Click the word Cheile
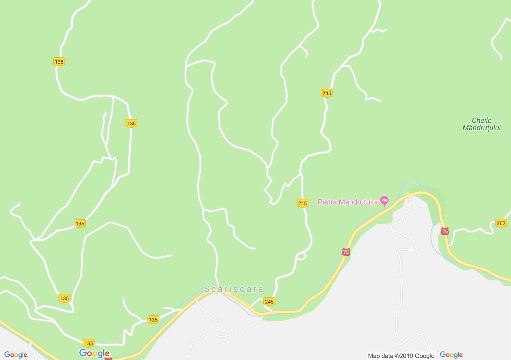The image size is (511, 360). tap(481, 120)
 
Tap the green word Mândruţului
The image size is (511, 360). tap(481, 128)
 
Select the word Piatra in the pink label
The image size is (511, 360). tap(327, 202)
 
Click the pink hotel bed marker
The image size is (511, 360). tap(384, 201)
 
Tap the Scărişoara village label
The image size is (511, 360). tap(234, 289)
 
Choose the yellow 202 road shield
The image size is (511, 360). tap(501, 223)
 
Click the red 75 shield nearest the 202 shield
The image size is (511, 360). tap(445, 231)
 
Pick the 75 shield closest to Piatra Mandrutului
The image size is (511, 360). tap(346, 252)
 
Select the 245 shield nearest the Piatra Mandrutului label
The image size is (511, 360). tap(302, 203)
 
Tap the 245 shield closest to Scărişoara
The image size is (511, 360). tap(269, 301)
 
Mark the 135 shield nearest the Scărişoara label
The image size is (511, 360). tap(153, 319)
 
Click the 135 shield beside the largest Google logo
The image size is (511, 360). tap(88, 343)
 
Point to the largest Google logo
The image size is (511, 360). tap(95, 353)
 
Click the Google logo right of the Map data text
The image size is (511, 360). tap(451, 355)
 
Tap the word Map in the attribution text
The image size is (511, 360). tap(374, 356)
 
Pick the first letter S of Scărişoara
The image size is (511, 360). tap(207, 289)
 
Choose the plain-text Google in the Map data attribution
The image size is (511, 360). tap(425, 356)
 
